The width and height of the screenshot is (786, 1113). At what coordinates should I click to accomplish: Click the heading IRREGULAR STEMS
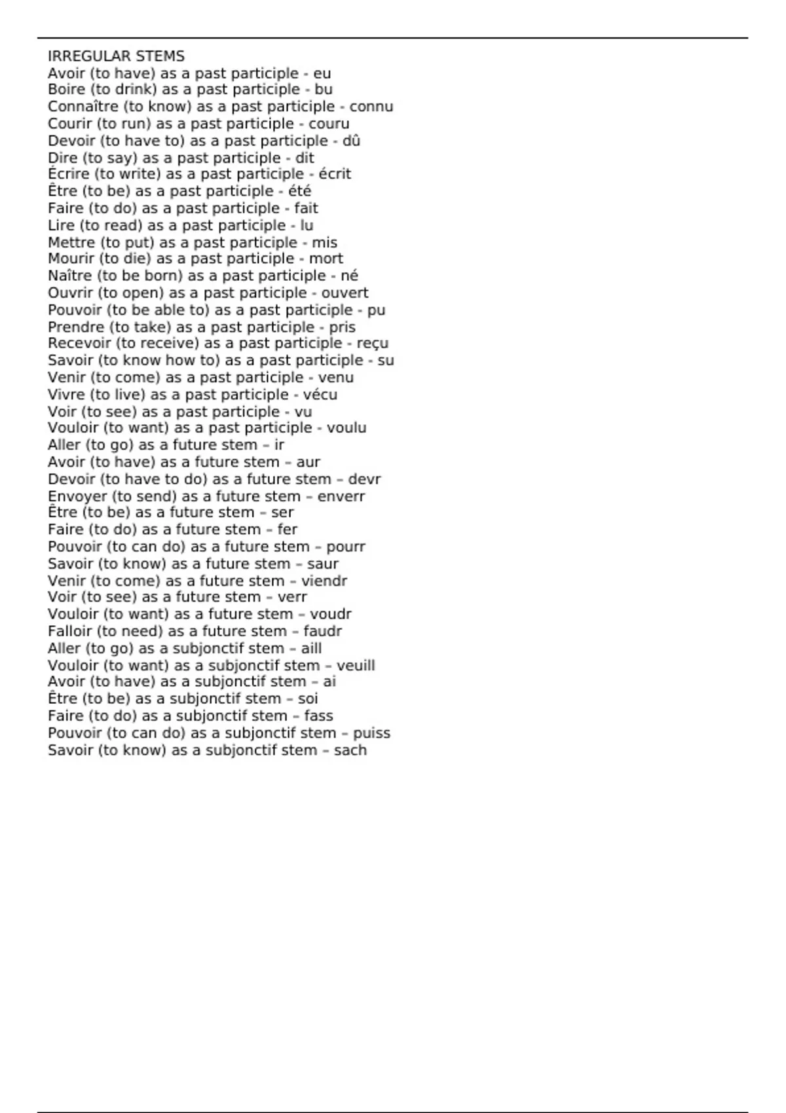pos(116,56)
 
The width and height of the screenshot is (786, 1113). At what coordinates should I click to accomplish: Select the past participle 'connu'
pos(371,107)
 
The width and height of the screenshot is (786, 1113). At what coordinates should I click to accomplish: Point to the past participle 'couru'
pos(329,124)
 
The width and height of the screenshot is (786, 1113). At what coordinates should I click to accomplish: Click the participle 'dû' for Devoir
pos(351,141)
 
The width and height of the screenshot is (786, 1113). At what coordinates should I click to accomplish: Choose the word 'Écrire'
pos(69,174)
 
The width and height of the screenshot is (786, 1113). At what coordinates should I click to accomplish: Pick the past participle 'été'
pos(299,191)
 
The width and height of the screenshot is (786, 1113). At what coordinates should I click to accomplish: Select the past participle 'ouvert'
pos(345,293)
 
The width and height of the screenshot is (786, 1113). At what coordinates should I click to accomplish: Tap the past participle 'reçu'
pos(372,344)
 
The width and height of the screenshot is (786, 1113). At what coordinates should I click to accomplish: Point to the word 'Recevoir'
pos(79,344)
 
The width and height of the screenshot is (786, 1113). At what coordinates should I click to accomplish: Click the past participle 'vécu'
pos(320,395)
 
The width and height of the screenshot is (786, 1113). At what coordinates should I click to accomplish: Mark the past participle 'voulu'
pos(346,428)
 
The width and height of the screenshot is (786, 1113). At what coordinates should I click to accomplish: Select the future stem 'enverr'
pos(341,496)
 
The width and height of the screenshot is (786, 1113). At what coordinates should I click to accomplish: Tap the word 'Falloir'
pos(69,631)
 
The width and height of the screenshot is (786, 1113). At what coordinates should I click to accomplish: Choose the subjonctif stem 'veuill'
pos(356,666)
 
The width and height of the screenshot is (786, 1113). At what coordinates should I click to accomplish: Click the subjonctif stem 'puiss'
pos(371,733)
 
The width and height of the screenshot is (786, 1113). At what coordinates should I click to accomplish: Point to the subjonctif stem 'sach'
pos(350,750)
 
